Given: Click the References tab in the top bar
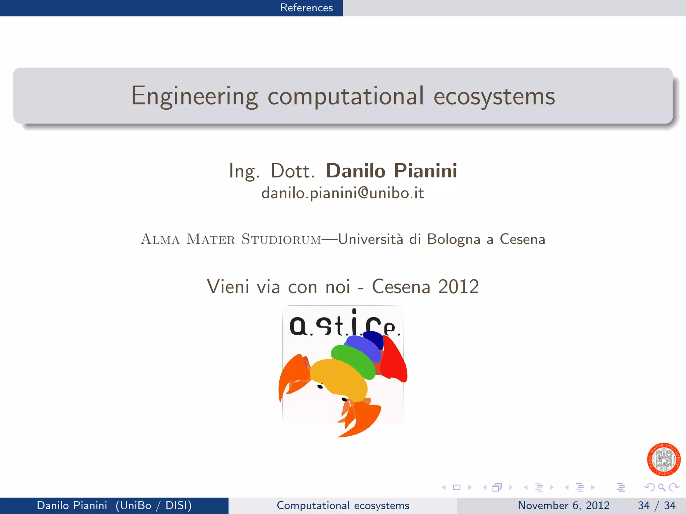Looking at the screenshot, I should (306, 8).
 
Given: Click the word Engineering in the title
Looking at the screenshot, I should (194, 96).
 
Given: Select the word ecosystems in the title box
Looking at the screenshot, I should (494, 96).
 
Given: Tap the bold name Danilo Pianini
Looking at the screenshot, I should (391, 171).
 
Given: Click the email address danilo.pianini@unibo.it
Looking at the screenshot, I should (343, 193).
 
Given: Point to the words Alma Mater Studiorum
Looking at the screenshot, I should (231, 239).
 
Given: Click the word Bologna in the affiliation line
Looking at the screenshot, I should (454, 239).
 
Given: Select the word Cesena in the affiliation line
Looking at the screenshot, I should (522, 239).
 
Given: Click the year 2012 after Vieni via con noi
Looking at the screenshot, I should (459, 286).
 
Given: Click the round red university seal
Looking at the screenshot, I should (664, 459).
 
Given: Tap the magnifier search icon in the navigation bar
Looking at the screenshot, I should (662, 487).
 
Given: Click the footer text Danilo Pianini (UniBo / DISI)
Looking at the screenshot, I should (114, 505).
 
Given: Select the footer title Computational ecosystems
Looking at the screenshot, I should (343, 505).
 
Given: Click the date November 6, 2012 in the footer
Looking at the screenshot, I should (563, 505).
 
